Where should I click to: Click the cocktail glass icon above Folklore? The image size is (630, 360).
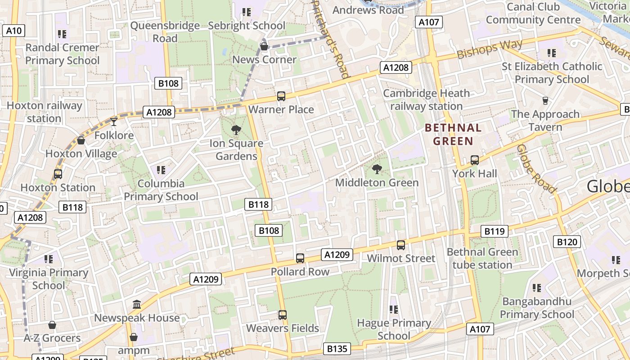[114, 121]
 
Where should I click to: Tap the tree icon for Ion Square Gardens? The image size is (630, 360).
[236, 130]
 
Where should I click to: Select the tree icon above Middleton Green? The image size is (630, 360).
[377, 169]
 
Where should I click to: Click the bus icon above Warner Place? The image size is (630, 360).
[281, 96]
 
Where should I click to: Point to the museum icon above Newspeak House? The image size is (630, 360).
[137, 305]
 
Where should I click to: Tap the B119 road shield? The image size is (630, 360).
[494, 231]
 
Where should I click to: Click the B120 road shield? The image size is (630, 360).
[567, 242]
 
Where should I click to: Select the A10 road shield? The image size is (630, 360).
[13, 30]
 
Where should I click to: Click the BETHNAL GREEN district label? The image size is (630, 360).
[453, 134]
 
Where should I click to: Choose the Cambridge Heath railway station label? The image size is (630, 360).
[426, 100]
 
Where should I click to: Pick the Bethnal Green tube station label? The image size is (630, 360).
[482, 258]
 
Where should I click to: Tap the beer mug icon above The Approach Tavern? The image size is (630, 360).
[545, 100]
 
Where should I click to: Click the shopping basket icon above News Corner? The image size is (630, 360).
[264, 46]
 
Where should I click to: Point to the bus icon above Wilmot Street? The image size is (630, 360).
[401, 245]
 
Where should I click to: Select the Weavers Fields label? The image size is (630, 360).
[283, 328]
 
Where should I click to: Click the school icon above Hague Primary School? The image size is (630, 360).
[394, 310]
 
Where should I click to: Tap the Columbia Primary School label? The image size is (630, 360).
[161, 190]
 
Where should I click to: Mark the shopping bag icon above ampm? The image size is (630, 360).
[133, 337]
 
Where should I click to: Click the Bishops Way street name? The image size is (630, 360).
[490, 49]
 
